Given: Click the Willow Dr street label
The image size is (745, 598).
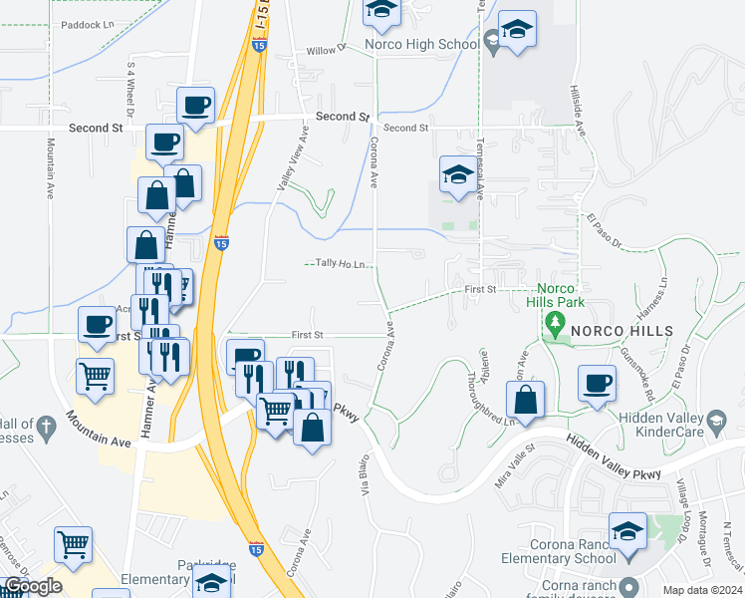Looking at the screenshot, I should coord(325,49).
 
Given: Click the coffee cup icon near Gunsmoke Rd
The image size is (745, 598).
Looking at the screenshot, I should coord(598,384).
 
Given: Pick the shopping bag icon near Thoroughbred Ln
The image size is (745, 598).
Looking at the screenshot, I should coord(526,400).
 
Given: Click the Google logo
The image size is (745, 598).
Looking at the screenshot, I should coord(33,587).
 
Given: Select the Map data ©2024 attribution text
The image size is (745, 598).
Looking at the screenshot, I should coord(702,590).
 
